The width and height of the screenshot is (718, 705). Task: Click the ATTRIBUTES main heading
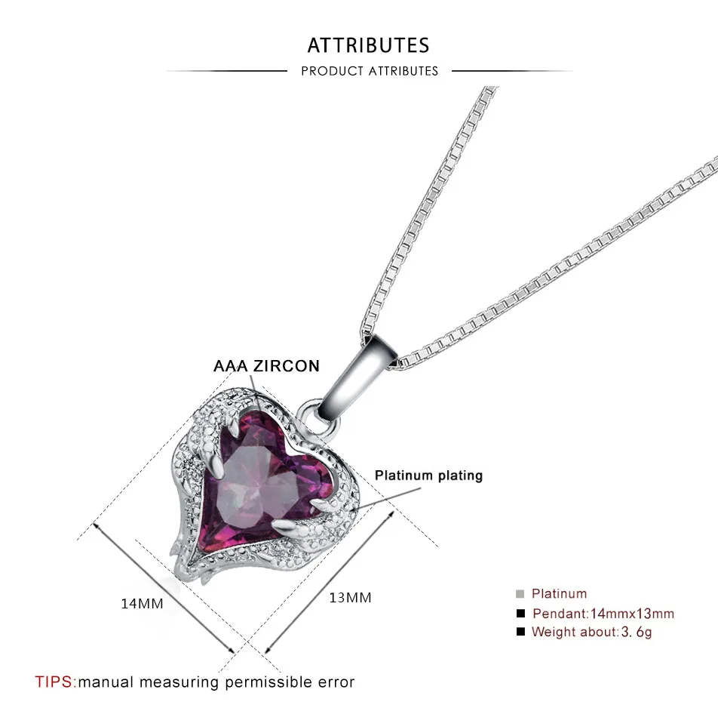[x=368, y=45]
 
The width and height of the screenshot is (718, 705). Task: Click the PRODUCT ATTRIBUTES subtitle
[x=369, y=71]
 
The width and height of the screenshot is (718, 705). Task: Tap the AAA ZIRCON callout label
[x=266, y=366]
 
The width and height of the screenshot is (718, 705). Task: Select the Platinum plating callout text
[x=428, y=476]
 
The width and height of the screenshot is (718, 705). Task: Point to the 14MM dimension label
[x=142, y=604]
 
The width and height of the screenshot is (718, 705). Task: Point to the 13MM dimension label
[x=350, y=598]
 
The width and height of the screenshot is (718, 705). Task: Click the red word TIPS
[x=55, y=682]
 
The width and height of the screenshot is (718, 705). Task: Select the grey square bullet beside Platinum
[x=520, y=594]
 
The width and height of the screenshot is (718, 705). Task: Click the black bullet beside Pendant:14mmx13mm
[x=520, y=613]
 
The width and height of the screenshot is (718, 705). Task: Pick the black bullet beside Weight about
[x=520, y=632]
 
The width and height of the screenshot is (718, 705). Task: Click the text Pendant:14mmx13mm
[x=603, y=613]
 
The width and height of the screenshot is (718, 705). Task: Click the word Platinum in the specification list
[x=559, y=594]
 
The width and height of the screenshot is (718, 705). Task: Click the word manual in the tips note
[x=106, y=682]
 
